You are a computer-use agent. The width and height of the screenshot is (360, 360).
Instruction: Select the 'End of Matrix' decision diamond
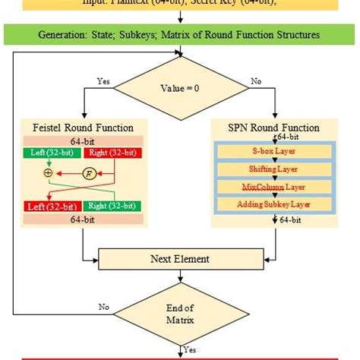coord(181,312)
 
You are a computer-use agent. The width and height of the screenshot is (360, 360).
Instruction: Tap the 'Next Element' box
coord(181,259)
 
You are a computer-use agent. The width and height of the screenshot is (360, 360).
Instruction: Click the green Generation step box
coord(180,34)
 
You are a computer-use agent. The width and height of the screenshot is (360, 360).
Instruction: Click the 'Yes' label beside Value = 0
coord(103,79)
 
